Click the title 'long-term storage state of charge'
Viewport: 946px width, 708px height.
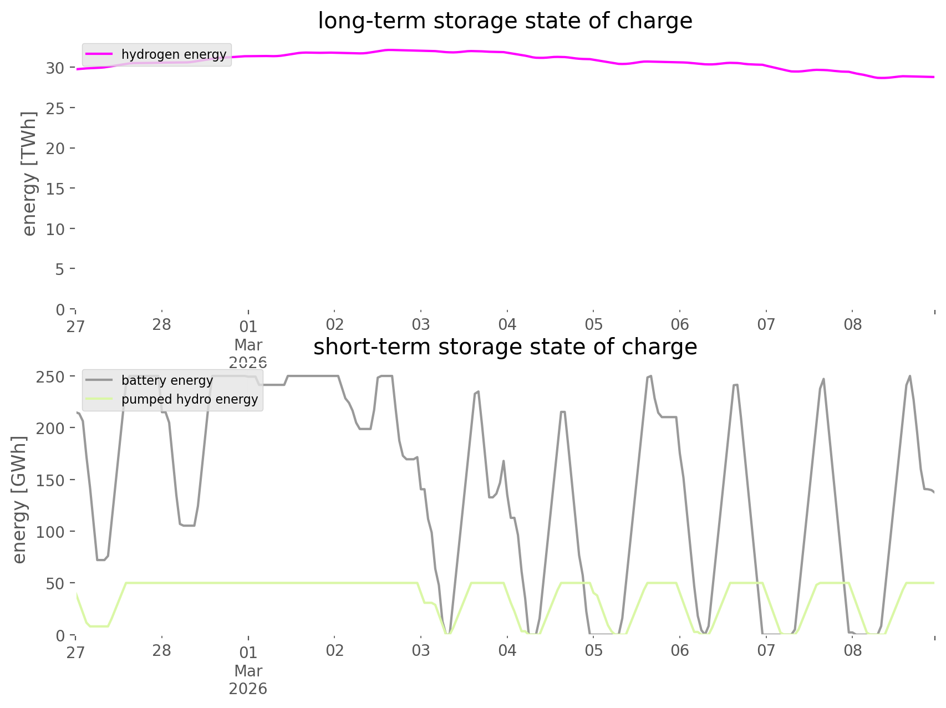tap(505, 21)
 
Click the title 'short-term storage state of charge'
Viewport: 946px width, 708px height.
tap(505, 347)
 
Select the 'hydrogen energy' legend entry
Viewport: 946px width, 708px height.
tap(174, 54)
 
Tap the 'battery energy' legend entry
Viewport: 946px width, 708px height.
tap(167, 380)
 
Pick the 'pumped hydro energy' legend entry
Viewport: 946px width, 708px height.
tap(190, 399)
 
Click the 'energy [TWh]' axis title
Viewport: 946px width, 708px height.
tap(29, 174)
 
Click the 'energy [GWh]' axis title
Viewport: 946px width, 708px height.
tap(19, 500)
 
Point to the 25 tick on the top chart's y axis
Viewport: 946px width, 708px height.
tap(55, 108)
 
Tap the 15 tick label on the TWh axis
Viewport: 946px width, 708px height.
tap(55, 189)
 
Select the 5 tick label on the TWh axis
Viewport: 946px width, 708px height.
tap(60, 269)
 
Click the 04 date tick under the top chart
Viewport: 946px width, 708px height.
tap(507, 324)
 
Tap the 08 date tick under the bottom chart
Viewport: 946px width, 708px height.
tap(853, 650)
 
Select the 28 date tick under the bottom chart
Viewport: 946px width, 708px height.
tap(162, 650)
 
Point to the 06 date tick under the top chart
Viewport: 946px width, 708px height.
tap(680, 324)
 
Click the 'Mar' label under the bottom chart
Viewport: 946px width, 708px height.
tap(248, 671)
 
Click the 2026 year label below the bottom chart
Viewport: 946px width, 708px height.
tap(248, 689)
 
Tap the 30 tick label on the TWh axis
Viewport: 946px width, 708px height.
tap(55, 68)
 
